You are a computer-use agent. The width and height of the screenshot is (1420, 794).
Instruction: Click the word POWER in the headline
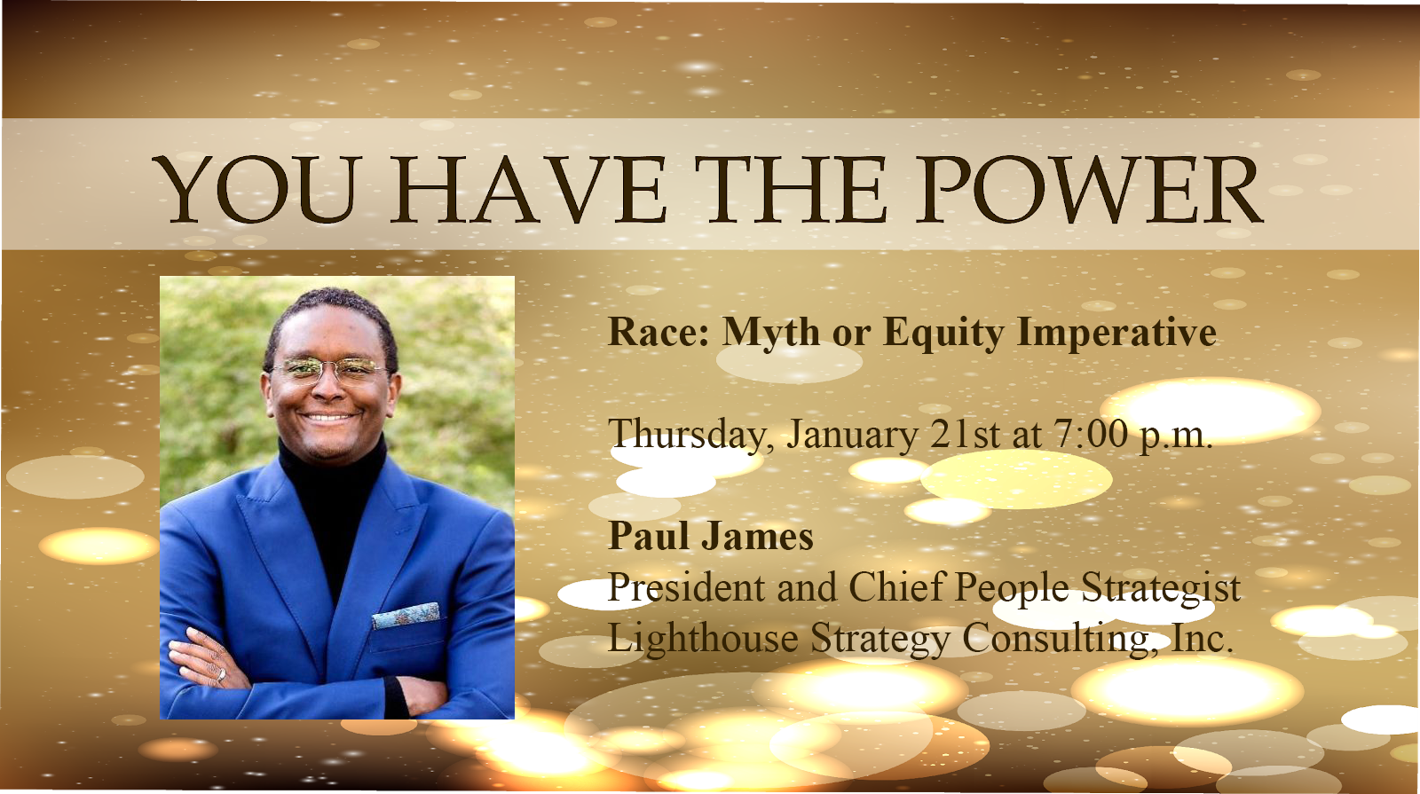(1089, 189)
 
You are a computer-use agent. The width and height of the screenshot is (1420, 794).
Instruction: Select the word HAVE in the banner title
(527, 189)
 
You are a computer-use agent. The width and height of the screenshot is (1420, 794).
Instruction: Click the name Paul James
(711, 536)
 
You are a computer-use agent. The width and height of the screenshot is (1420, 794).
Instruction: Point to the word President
(687, 586)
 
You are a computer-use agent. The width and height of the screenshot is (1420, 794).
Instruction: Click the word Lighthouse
(703, 638)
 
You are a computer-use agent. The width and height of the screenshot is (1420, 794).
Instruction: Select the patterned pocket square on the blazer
(405, 615)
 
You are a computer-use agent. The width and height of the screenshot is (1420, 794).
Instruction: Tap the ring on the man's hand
(221, 675)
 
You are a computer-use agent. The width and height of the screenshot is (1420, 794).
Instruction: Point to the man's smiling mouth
(327, 418)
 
